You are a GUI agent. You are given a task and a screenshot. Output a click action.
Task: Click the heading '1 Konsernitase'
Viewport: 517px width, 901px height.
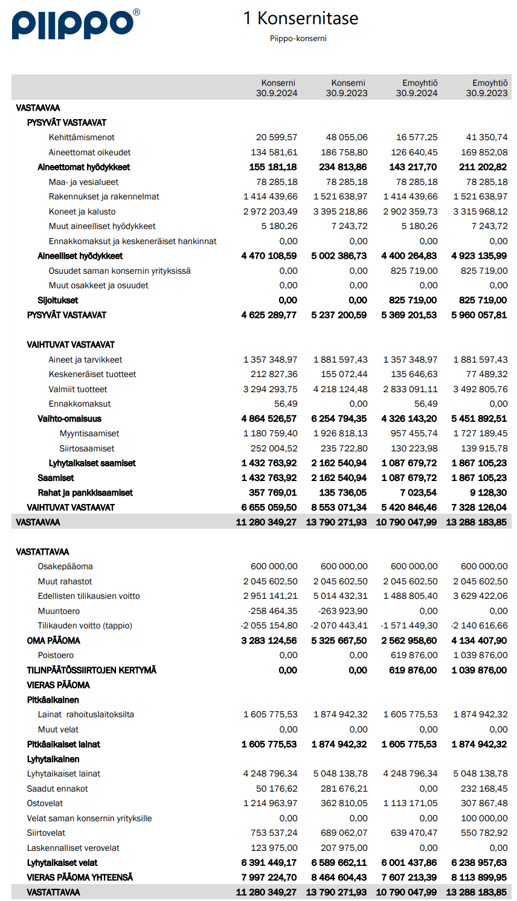[301, 18]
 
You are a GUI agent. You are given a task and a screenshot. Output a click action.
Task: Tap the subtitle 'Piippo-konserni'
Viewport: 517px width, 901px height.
[298, 38]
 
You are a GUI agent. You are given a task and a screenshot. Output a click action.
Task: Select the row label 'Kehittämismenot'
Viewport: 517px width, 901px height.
[82, 137]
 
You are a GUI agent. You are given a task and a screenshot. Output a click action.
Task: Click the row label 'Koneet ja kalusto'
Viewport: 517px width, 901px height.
[82, 212]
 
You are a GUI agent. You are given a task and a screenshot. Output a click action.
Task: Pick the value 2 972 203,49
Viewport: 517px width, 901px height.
[271, 212]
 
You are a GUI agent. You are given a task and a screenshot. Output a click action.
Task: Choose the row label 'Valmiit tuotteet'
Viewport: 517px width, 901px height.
[78, 389]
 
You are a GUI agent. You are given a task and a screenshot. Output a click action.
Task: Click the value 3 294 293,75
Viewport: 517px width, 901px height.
[271, 389]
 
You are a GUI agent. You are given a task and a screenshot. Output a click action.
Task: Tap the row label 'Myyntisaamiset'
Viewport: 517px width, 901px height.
[89, 433]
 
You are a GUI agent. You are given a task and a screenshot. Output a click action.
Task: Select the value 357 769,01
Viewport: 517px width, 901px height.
[273, 492]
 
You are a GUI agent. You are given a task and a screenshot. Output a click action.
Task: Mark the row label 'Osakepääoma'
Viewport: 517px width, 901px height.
[65, 566]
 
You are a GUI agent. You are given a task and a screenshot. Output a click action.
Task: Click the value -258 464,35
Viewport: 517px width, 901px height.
[273, 611]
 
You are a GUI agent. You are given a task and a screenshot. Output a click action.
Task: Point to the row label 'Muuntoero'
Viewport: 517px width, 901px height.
[59, 611]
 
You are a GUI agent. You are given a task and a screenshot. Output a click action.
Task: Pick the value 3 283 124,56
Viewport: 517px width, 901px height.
[269, 641]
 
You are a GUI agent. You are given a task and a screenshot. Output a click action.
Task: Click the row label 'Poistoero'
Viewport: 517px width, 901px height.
[56, 655]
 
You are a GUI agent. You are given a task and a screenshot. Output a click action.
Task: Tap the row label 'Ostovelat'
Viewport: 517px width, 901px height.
[45, 803]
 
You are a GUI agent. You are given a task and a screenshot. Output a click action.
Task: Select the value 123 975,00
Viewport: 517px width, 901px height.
[274, 848]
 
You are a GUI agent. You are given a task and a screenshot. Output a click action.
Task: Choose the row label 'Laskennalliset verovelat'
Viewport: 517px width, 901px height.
[73, 848]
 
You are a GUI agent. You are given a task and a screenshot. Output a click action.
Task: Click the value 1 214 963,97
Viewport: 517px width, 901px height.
[271, 803]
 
